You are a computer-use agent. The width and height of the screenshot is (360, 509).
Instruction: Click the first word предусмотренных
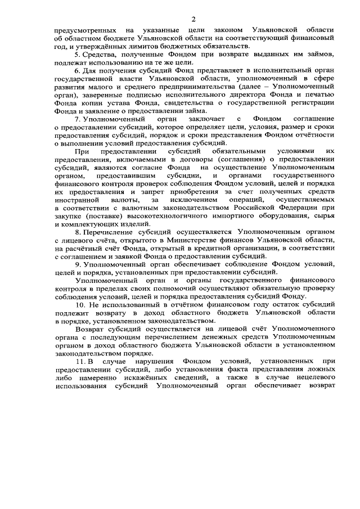(x=85, y=29)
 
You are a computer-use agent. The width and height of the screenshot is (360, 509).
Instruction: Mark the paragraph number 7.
(x=77, y=120)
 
